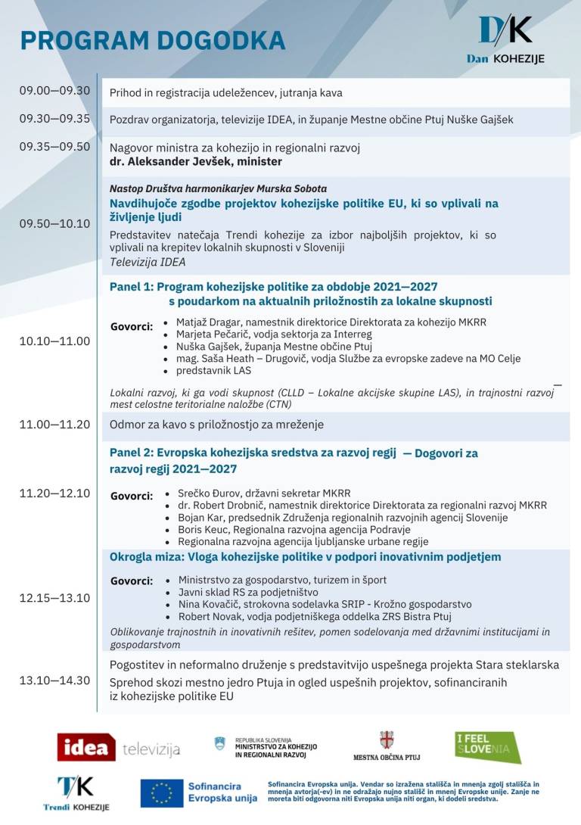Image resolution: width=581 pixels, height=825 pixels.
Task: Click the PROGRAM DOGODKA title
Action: point(152,40)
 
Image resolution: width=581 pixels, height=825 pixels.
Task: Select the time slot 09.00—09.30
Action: point(54,91)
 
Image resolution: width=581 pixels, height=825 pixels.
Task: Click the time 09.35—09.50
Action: point(54,147)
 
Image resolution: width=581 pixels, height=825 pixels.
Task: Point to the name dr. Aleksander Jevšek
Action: point(196,161)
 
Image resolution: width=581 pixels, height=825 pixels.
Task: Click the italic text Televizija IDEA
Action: point(148,262)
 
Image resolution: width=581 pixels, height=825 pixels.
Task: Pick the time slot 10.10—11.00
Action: point(54,341)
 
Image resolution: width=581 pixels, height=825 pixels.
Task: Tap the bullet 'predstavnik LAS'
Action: point(213,371)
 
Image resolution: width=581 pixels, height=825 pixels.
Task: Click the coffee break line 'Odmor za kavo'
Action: point(216,425)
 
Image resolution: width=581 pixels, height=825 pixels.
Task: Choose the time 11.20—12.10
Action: point(54,493)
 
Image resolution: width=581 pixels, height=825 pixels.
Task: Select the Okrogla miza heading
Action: point(305,557)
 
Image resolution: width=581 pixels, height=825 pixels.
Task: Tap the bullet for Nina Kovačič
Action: point(325,604)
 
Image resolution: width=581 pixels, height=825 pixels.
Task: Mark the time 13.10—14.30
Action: point(54,680)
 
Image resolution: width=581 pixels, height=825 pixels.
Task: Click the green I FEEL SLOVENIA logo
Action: point(487,748)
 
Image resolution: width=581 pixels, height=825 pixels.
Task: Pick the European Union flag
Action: point(162,793)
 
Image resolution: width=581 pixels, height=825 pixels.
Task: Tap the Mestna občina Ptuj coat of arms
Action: point(387,740)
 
